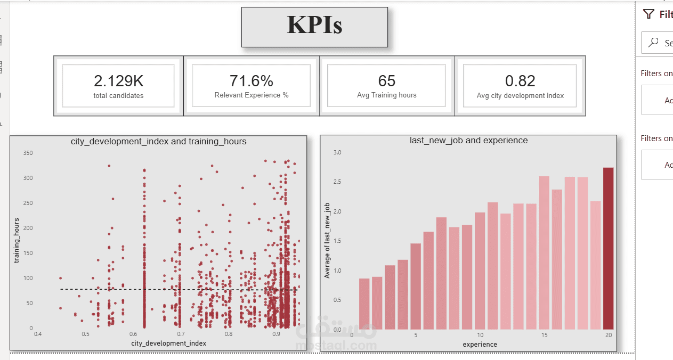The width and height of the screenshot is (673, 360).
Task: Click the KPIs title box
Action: pyautogui.click(x=314, y=27)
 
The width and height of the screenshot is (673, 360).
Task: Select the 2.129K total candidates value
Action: pyautogui.click(x=118, y=81)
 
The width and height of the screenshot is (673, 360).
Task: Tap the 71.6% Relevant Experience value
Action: pyautogui.click(x=251, y=81)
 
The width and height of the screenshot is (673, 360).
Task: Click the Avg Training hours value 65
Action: pyautogui.click(x=387, y=81)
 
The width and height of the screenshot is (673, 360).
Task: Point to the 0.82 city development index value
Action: pyautogui.click(x=520, y=81)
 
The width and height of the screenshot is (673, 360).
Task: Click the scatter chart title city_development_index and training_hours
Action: pyautogui.click(x=158, y=141)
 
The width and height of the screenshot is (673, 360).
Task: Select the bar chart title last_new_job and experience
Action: pyautogui.click(x=468, y=141)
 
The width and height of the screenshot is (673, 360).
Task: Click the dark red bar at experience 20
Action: pyautogui.click(x=608, y=248)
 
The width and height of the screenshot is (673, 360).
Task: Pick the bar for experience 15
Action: pyautogui.click(x=544, y=252)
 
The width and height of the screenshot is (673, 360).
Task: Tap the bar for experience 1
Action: pyautogui.click(x=364, y=304)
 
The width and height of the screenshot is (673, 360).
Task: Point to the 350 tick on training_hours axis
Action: pyautogui.click(x=28, y=153)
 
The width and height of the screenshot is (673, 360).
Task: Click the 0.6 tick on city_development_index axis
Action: pyautogui.click(x=133, y=334)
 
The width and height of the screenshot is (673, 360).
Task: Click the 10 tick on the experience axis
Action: pyautogui.click(x=480, y=335)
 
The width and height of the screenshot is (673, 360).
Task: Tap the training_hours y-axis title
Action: pyautogui.click(x=17, y=240)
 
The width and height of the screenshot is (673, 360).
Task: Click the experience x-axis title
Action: pyautogui.click(x=480, y=345)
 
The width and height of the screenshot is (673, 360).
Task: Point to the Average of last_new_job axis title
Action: pyautogui.click(x=327, y=240)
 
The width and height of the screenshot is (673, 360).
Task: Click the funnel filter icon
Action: pyautogui.click(x=648, y=14)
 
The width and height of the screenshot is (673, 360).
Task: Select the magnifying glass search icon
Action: pyautogui.click(x=653, y=43)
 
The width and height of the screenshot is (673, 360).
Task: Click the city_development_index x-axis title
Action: pyautogui.click(x=168, y=343)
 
